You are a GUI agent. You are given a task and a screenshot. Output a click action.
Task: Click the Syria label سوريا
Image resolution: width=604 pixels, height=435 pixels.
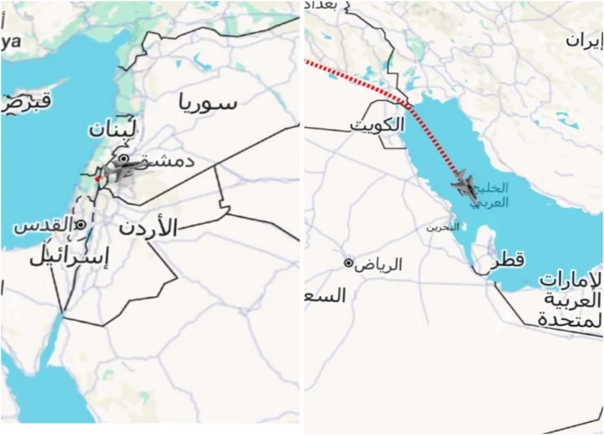click(x=207, y=104)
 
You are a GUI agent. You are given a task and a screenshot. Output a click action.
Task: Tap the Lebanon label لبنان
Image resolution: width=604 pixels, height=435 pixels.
click(x=112, y=130)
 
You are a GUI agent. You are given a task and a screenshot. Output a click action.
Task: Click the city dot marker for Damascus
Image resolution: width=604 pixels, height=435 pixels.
click(x=124, y=159)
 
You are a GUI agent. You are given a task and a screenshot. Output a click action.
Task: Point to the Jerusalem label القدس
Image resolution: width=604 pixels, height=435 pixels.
click(x=44, y=225)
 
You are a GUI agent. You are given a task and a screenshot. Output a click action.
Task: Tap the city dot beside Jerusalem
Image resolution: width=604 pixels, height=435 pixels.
click(x=80, y=224)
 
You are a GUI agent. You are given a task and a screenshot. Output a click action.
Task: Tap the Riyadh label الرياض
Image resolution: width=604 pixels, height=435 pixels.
click(x=379, y=264)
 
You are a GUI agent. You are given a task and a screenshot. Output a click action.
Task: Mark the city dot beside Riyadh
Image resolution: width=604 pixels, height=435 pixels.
click(x=349, y=262)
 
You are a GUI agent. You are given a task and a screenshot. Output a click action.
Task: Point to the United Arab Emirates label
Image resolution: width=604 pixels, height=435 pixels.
click(x=569, y=300)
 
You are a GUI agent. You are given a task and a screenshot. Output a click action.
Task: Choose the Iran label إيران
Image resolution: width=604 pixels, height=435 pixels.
click(x=584, y=40)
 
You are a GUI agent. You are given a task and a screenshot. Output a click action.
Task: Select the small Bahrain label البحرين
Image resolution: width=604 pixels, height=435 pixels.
click(x=442, y=227)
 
